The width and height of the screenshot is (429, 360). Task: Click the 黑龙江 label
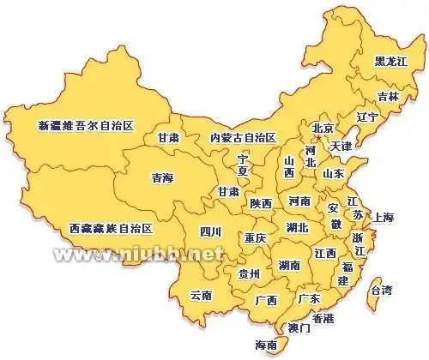click(392, 62)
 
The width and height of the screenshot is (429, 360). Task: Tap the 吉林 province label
click(389, 97)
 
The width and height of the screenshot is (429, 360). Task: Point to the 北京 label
click(323, 129)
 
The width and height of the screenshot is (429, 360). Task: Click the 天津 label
click(341, 146)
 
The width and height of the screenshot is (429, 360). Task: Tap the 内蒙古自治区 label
click(243, 137)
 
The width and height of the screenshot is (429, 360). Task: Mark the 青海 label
click(162, 178)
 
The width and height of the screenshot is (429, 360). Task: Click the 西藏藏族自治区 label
click(109, 229)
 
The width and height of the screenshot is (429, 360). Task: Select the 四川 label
click(210, 231)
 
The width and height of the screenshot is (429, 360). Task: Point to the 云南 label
click(201, 295)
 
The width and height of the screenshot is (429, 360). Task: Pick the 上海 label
click(384, 218)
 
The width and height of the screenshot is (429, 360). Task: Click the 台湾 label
click(381, 291)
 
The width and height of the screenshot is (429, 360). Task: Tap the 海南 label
click(266, 345)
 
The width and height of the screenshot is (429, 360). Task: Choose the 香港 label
click(323, 318)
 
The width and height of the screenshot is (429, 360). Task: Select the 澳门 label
click(299, 327)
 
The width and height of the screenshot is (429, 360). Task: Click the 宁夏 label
click(243, 166)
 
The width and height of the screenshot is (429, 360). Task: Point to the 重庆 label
click(255, 237)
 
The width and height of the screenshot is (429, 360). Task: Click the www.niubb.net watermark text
click(137, 255)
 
